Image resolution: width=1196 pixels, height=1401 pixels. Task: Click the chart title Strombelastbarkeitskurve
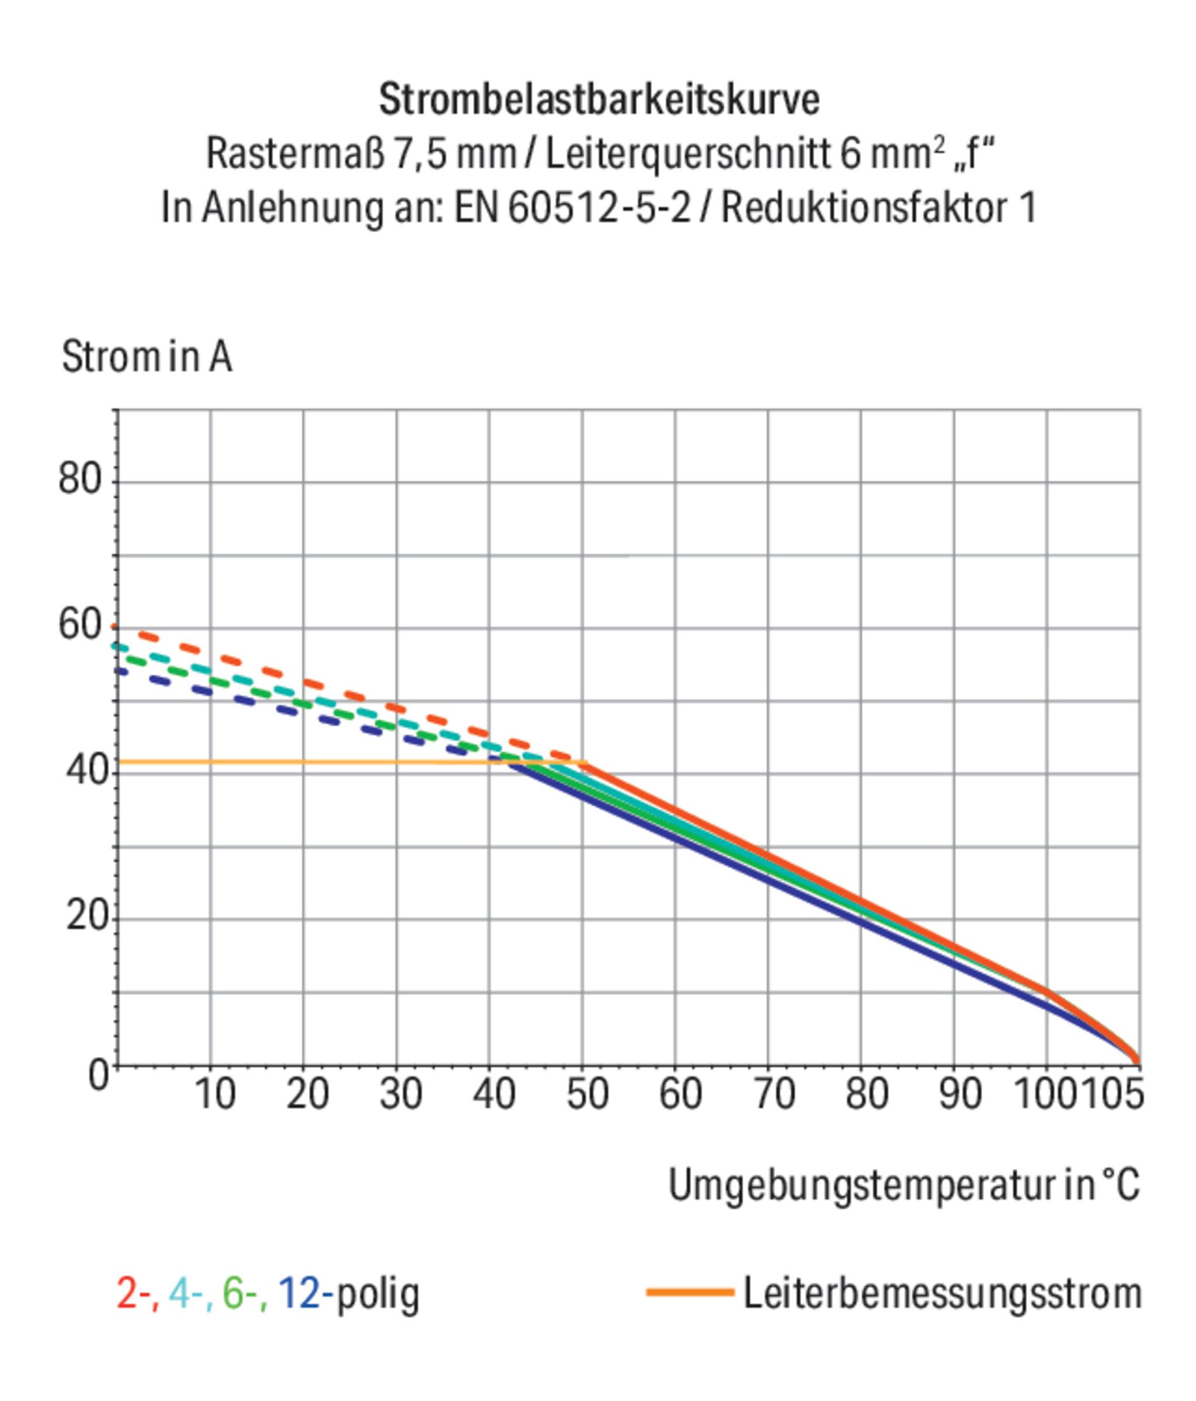599,99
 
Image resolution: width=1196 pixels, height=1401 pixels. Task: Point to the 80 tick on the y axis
80,479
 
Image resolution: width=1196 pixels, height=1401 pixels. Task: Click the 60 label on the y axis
80,624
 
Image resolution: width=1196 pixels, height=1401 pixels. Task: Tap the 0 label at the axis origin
98,1075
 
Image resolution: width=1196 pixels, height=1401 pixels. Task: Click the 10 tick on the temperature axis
215,1093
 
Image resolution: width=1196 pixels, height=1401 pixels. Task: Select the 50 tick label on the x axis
586,1093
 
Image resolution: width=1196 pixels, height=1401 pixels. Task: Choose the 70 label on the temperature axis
773,1093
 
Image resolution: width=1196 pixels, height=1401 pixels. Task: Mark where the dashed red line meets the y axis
116,627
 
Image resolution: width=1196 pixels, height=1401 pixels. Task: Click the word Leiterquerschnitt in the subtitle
687,154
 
